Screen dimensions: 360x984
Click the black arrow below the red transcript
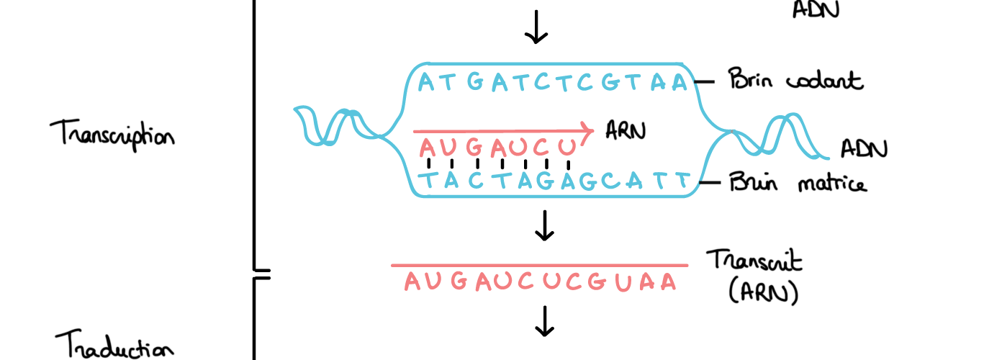[x=545, y=321]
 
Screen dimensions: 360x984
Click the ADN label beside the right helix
[x=864, y=149]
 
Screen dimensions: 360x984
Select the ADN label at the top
[x=816, y=9]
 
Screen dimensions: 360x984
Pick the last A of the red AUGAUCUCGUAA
[x=669, y=282]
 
